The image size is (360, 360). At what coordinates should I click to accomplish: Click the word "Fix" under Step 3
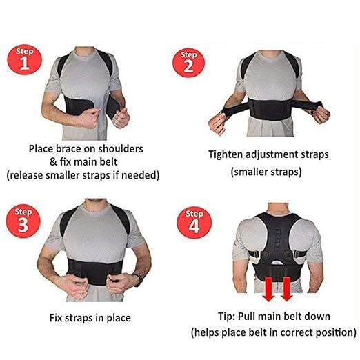tap(59, 318)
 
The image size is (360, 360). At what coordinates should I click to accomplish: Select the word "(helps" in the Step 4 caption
tap(207, 333)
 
